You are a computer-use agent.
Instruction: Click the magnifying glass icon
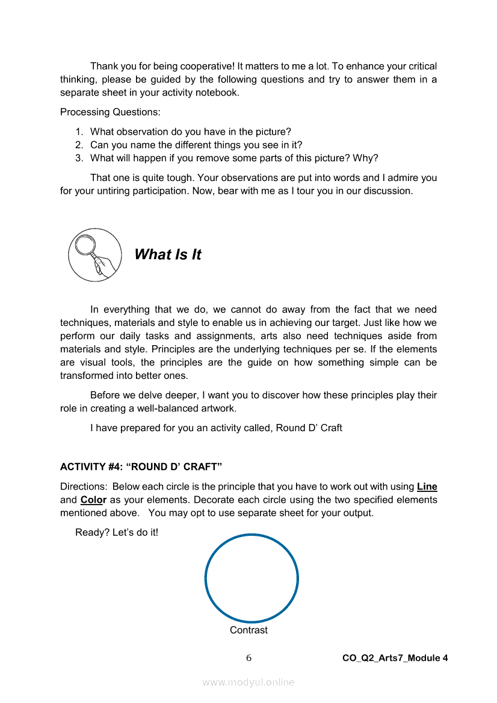coord(94,255)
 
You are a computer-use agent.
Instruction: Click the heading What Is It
coord(168,255)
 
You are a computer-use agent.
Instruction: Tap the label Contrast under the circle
coord(248,630)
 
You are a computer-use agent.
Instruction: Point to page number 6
coord(248,658)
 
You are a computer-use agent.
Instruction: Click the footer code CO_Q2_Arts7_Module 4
coord(395,658)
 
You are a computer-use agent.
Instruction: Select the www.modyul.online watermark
coord(248,683)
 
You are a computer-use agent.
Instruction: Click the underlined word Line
coord(427,487)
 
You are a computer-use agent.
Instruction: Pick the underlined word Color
coord(93,500)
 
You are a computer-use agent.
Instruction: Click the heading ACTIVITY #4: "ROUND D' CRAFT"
coord(141,467)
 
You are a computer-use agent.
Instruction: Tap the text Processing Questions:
coord(109,112)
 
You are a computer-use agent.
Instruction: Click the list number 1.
coord(79,132)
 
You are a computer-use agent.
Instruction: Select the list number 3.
coord(79,158)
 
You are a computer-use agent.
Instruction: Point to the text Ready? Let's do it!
coord(117,532)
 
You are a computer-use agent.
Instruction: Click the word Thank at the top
coord(103,66)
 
